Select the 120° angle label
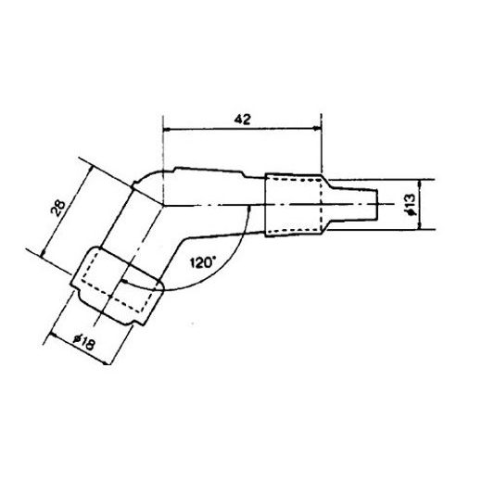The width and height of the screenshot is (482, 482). pos(202,261)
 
